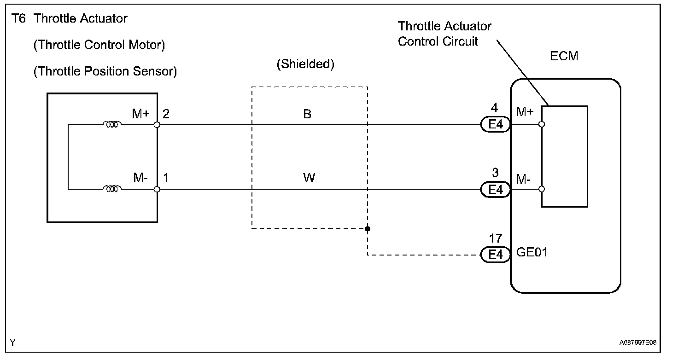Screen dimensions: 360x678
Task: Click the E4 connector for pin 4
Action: [496, 125]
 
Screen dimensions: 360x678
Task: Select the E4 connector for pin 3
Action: [496, 189]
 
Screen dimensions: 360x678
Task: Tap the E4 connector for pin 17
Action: [496, 255]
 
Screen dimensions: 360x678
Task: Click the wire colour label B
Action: [307, 114]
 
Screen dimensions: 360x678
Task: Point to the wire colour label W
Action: [309, 178]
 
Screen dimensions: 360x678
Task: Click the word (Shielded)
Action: [305, 64]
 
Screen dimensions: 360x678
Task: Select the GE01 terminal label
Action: [532, 252]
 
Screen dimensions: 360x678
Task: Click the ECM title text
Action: [564, 56]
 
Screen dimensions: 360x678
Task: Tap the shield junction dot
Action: [368, 228]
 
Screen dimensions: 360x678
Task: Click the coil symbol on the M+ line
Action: [112, 124]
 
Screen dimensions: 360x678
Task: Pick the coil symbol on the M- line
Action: [112, 189]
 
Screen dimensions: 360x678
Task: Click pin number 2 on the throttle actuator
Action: [166, 114]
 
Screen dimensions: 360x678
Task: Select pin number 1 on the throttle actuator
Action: [165, 178]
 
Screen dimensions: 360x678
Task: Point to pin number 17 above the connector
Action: [496, 238]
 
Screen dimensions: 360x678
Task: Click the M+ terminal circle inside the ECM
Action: [542, 124]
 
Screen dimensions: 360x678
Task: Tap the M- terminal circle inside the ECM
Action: [542, 189]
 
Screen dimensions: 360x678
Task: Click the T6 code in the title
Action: [18, 19]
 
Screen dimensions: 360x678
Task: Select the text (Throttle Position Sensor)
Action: [105, 72]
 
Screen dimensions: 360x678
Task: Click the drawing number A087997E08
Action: [638, 343]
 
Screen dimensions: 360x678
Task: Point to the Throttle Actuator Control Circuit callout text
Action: [444, 34]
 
